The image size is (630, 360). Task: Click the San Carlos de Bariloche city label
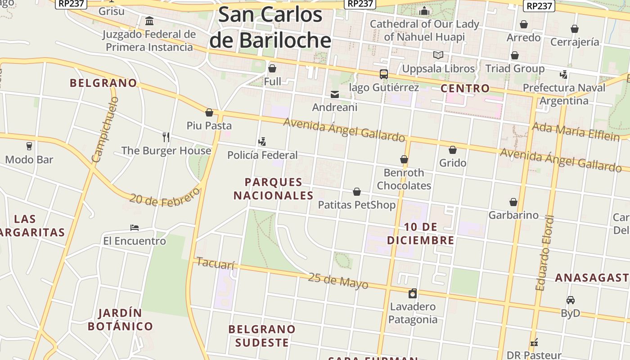click(270, 27)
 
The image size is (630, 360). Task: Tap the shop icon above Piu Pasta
click(209, 112)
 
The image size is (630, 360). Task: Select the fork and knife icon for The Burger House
click(166, 137)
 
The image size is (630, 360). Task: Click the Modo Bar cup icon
click(29, 146)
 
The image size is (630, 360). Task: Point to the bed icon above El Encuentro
click(134, 228)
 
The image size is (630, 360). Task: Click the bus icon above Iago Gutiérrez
click(383, 74)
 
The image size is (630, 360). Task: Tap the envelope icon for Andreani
click(335, 94)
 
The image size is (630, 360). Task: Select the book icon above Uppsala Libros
click(438, 55)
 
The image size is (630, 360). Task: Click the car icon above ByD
click(570, 300)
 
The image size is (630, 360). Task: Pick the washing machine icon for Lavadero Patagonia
click(412, 293)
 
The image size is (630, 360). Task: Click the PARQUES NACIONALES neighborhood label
click(273, 189)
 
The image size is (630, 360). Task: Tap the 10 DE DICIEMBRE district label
click(420, 234)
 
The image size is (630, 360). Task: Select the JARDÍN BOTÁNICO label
click(120, 319)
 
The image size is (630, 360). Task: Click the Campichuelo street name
click(104, 130)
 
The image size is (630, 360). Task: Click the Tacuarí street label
click(216, 264)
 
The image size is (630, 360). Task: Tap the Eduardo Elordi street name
click(544, 253)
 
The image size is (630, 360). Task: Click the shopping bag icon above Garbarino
click(513, 202)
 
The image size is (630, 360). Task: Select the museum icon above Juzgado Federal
click(149, 21)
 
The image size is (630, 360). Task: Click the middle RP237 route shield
click(360, 4)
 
